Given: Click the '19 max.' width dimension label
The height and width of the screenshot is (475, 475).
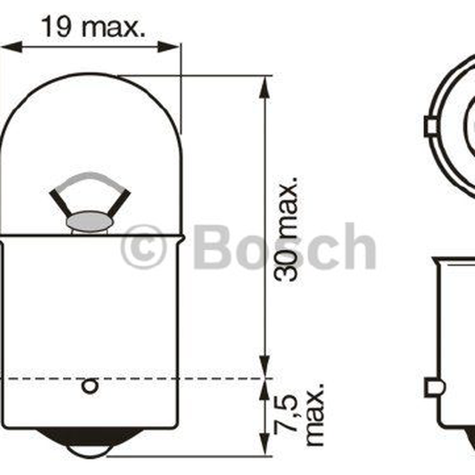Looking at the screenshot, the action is pyautogui.click(x=93, y=27).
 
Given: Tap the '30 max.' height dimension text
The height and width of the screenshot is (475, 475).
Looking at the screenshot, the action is pyautogui.click(x=286, y=229).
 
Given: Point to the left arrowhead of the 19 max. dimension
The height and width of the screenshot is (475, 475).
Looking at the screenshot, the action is pyautogui.click(x=12, y=47).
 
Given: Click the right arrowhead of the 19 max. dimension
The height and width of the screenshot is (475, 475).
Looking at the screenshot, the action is pyautogui.click(x=168, y=47).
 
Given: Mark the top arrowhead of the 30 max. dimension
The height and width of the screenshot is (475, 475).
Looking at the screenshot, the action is pyautogui.click(x=264, y=87).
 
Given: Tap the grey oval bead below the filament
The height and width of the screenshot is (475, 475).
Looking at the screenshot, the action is pyautogui.click(x=89, y=221).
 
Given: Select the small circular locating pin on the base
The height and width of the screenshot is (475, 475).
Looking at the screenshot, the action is pyautogui.click(x=90, y=387).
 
